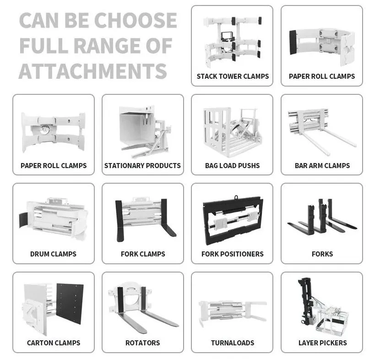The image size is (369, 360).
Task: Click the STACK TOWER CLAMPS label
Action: [233, 76]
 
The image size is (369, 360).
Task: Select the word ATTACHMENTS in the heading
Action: [92, 71]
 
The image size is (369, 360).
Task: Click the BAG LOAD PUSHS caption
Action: [232, 165]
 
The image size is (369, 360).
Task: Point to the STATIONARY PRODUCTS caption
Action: [142, 165]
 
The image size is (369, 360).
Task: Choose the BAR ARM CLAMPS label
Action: [322, 165]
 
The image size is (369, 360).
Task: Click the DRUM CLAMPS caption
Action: [53, 254]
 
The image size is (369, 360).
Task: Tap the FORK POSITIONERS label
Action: [232, 254]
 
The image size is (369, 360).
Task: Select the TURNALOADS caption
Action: [232, 343]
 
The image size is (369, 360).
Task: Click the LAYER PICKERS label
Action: [322, 343]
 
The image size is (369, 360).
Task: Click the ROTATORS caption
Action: [142, 343]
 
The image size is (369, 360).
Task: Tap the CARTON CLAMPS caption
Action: [53, 343]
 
